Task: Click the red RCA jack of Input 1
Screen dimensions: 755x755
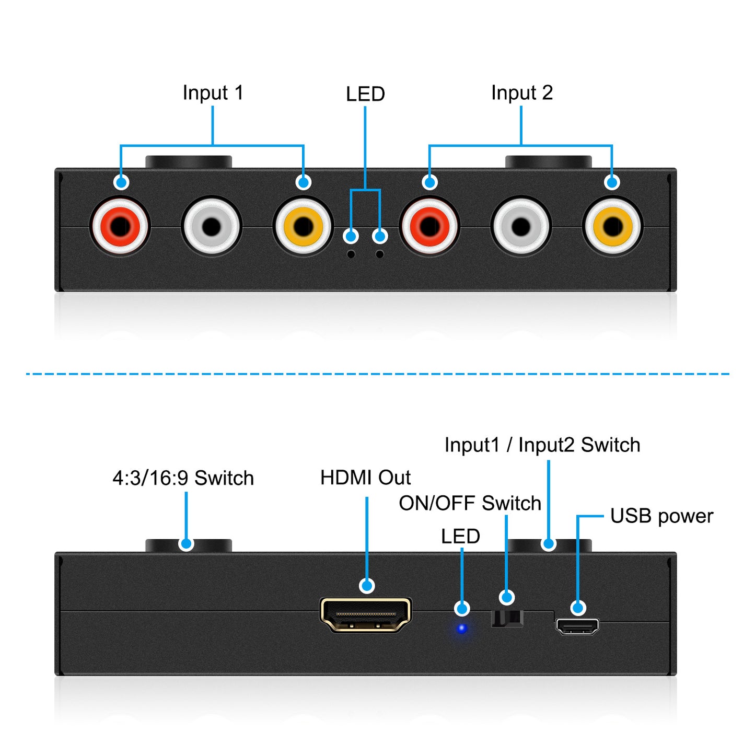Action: [120, 226]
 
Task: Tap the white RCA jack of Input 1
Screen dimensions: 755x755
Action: [212, 226]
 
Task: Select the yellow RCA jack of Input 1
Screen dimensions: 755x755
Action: [303, 226]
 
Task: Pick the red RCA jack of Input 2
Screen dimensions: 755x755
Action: [429, 226]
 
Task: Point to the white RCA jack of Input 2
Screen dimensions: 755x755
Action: [521, 226]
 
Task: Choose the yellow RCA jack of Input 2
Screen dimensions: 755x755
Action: [612, 226]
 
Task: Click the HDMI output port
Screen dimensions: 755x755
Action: [366, 615]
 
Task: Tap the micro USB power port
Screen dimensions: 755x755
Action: [577, 626]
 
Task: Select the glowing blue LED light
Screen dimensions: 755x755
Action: [462, 628]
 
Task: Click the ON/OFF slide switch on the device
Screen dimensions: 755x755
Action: [507, 618]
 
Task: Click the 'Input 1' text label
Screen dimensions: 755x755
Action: [213, 93]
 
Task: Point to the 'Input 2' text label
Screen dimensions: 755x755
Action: [521, 93]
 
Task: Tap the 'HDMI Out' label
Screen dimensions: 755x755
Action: [365, 478]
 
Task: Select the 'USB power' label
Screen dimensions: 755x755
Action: [661, 516]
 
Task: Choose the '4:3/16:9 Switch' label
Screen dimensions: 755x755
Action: [183, 478]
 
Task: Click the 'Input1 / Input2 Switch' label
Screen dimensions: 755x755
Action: [542, 445]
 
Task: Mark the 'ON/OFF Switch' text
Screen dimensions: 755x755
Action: [470, 503]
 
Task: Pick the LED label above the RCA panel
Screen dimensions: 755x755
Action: [365, 94]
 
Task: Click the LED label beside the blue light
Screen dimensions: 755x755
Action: [460, 536]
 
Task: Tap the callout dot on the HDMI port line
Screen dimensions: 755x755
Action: [367, 586]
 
